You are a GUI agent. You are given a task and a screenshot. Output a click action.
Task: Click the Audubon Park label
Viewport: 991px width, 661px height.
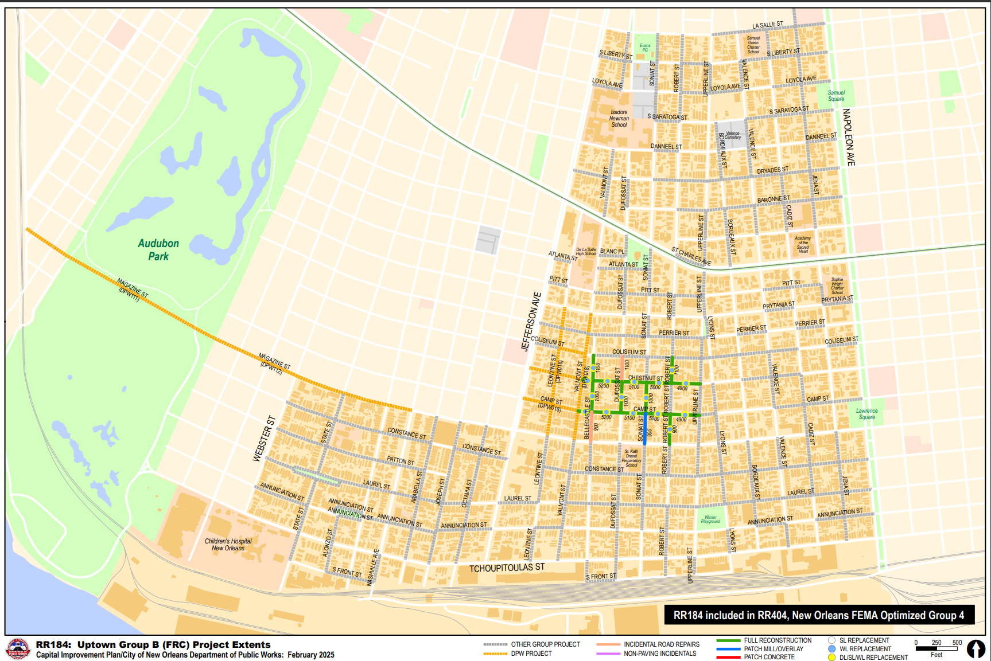point(158,250)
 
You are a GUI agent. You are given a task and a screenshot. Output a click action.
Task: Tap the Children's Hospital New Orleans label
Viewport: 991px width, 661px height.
point(228,545)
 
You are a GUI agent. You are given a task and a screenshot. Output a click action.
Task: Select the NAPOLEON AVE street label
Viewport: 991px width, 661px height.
point(849,138)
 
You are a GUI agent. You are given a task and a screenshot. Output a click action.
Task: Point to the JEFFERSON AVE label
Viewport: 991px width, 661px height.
point(531,322)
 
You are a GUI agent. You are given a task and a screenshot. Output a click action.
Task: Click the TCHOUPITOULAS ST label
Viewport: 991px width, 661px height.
point(507,568)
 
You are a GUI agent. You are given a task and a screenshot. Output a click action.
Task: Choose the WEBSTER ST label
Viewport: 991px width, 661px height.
point(264,439)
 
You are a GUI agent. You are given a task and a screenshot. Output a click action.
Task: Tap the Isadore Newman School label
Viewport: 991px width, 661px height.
point(619,119)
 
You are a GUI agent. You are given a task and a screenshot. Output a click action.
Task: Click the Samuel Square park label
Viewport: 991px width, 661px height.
point(836,96)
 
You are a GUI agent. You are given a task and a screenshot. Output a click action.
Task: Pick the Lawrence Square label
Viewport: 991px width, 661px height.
point(866,414)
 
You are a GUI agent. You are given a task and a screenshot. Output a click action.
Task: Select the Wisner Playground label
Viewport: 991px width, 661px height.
point(710,519)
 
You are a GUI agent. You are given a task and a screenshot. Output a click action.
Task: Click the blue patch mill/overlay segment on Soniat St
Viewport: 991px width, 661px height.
point(645,429)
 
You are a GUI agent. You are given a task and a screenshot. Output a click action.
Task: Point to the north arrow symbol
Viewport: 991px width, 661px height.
point(976,648)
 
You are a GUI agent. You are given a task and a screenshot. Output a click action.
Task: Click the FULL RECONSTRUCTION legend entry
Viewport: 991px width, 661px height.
point(778,640)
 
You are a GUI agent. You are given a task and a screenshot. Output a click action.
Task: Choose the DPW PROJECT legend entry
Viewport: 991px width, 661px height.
point(531,654)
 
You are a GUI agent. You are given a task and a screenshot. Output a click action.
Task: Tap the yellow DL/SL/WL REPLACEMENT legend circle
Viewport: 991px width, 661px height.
point(831,658)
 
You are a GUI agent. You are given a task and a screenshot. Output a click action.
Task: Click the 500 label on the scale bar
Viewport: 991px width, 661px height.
point(957,643)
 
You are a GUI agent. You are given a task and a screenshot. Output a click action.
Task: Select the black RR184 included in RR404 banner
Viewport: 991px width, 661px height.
point(819,615)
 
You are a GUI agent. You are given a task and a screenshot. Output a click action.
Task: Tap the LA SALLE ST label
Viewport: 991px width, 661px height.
point(767,25)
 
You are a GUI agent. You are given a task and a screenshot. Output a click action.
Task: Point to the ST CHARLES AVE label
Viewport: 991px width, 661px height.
point(691,256)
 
